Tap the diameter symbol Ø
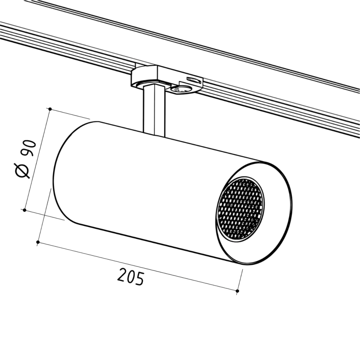[x=22, y=170]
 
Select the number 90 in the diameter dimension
[x=28, y=148]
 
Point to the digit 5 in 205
[x=140, y=278]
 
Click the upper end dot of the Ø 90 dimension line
[x=50, y=109]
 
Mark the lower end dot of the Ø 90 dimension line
[x=24, y=210]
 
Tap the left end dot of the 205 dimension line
[x=38, y=242]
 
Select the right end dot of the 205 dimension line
[x=237, y=291]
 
